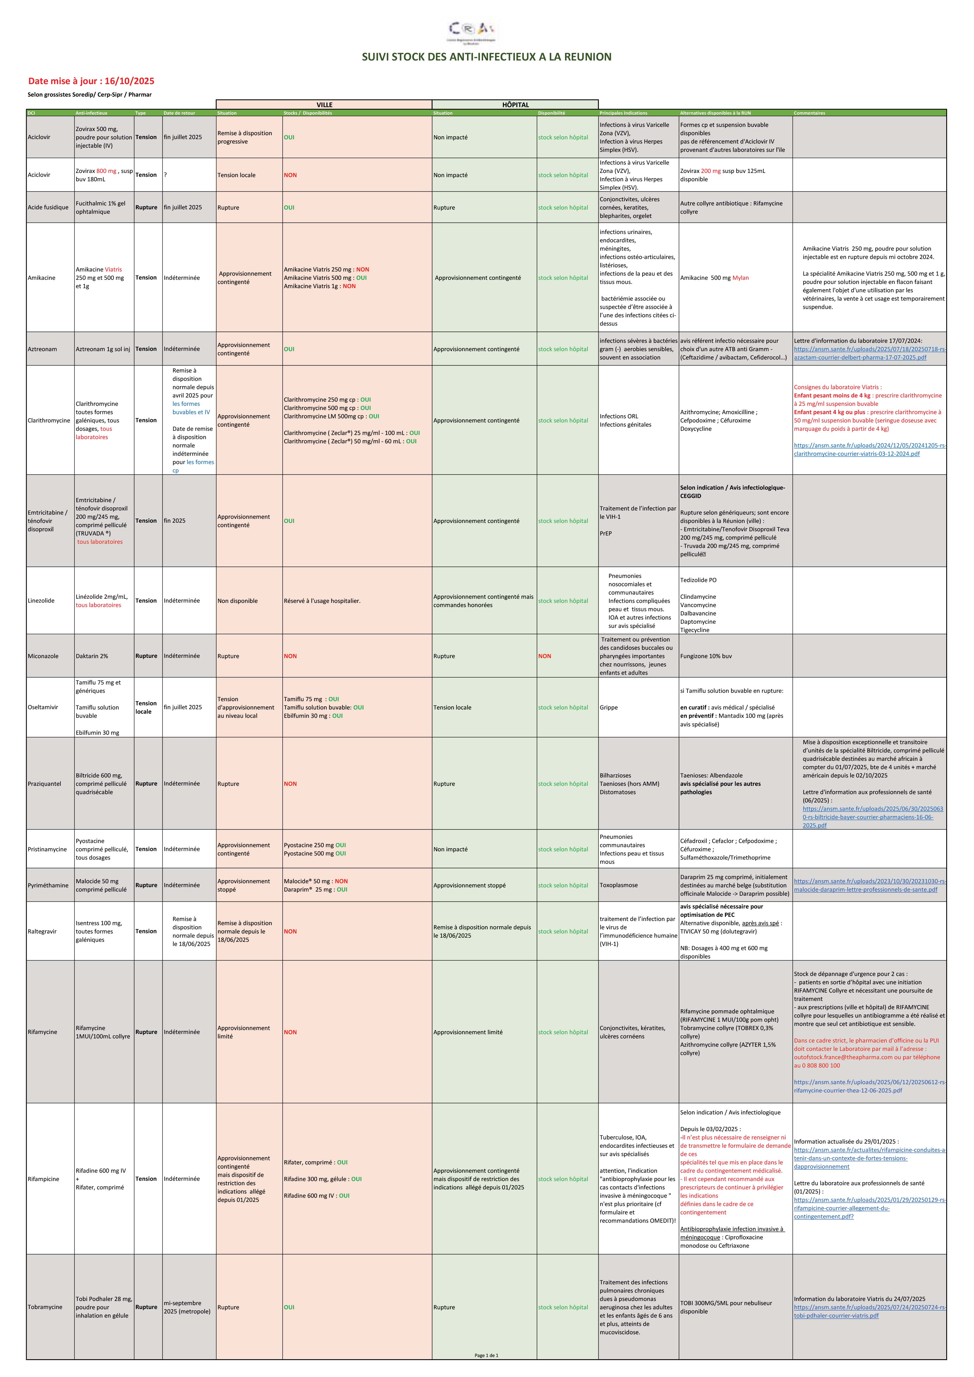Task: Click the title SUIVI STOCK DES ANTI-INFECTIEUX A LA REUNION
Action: click(486, 57)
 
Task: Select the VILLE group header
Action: click(324, 104)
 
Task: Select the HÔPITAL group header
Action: click(515, 104)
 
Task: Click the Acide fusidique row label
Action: click(48, 208)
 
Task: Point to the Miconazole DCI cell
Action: click(43, 656)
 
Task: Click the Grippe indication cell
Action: click(609, 708)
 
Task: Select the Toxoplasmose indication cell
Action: click(619, 885)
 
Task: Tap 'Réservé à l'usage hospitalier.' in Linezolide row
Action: click(322, 601)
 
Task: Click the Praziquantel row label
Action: click(44, 784)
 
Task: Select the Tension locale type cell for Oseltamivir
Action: click(146, 708)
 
